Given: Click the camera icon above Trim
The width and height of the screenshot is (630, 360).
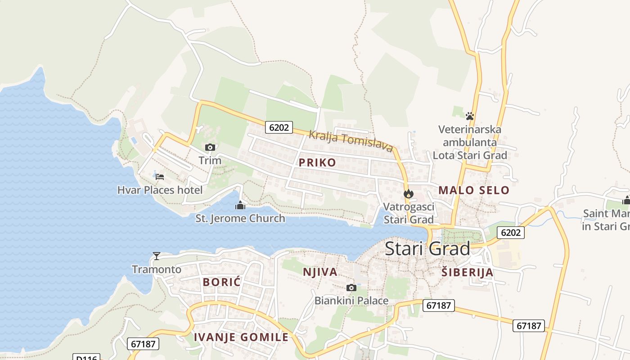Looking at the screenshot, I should coord(210,147).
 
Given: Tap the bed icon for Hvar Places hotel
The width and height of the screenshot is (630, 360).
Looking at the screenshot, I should coord(159,176).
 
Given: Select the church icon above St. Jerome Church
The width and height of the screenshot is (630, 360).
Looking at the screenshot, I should coord(240,206).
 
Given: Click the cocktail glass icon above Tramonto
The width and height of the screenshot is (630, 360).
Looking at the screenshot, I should coord(156,256).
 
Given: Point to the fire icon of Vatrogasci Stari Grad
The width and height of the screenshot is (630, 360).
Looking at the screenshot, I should coord(408,194).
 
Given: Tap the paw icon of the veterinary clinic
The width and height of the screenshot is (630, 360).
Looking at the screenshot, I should coord(470,116).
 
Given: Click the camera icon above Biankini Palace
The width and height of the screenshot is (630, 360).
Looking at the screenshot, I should coord(351,288).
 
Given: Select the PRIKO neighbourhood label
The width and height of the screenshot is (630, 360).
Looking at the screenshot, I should coord(317,162).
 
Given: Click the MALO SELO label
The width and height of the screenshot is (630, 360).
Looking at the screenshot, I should coord(474,190).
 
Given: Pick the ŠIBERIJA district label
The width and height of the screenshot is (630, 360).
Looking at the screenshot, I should coord(467,272).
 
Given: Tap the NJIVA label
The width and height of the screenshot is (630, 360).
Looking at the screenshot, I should coord(320,272).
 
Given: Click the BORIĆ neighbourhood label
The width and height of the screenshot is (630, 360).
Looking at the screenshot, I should coord(222,282).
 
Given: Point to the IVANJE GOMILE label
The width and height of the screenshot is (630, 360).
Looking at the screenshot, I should coord(241,337).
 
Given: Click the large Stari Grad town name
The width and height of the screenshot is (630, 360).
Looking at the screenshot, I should coord(427,249).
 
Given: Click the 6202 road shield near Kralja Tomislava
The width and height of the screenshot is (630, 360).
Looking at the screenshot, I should coord(279,127).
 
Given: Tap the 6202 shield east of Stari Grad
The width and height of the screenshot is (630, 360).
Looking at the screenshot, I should coord(511,233).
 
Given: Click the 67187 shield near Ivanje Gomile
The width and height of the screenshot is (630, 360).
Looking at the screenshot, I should coord(144,344).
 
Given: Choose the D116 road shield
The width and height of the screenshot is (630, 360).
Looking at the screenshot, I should coord(86,358).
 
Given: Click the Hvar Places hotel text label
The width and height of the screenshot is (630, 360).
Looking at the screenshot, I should coord(160,190).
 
